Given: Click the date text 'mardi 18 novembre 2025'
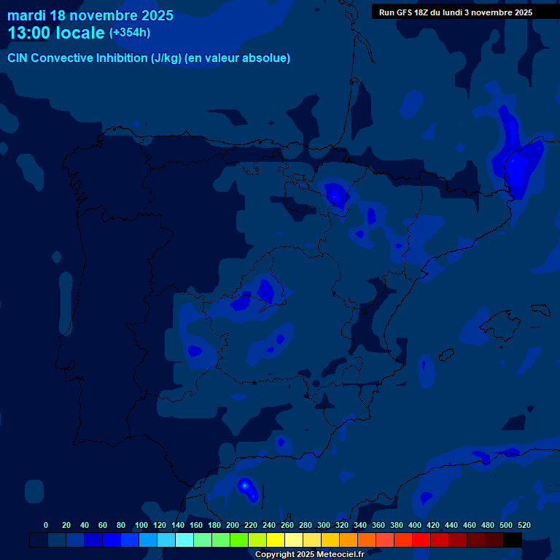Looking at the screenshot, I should pos(90,15).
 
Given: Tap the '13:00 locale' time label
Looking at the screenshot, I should pos(56,33).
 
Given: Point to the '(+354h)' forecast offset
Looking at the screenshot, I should pos(130,33).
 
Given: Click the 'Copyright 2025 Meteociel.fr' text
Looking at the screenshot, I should pos(309,554).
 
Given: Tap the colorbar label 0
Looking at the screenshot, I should pos(46,525).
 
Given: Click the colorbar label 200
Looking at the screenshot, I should pos(233,525).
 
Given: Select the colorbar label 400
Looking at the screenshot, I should pos(415,525).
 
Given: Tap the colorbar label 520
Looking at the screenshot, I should pos(524,525).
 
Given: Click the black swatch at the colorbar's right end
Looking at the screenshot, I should pos(513,540).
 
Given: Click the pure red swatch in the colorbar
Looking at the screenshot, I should pos(421,540).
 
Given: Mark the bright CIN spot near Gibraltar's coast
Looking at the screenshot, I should pos(246,486).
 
